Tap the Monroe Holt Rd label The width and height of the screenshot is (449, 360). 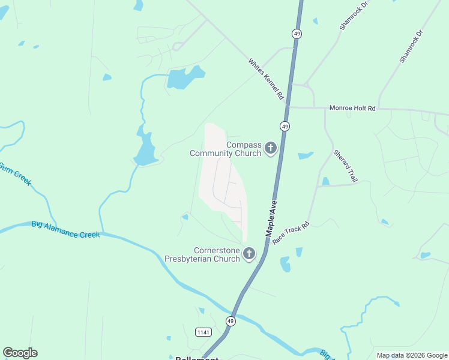pos(352,109)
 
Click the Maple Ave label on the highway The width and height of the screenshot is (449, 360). pos(270,217)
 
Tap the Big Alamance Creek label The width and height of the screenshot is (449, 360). pos(65,230)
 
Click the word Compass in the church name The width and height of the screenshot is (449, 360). pos(244,145)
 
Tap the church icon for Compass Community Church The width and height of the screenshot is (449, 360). pos(271,148)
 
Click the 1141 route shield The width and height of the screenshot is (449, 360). pos(203,332)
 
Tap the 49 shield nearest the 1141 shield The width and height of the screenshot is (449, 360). pos(231,322)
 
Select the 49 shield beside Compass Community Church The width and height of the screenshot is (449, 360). pos(285,126)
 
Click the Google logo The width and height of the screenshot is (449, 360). pos(20,353)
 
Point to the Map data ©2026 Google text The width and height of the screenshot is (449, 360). pos(411,355)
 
